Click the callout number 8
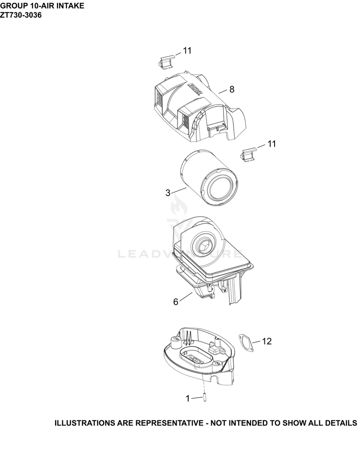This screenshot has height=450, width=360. pos(232,90)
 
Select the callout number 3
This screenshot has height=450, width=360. pos(168,193)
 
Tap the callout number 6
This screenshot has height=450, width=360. pos(176,302)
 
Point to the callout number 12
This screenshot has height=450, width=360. pos(267,341)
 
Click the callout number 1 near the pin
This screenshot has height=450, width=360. pos(188,399)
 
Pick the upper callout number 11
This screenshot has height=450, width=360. pos(187,50)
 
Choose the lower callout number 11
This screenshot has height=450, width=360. pos(272,144)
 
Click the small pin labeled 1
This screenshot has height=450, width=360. pos(204,398)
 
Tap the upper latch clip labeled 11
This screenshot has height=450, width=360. pos(166,62)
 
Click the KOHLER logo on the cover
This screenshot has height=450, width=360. pos(195,88)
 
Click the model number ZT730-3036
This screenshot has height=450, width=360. pos(21,15)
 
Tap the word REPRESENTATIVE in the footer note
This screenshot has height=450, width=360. pos(169,423)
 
